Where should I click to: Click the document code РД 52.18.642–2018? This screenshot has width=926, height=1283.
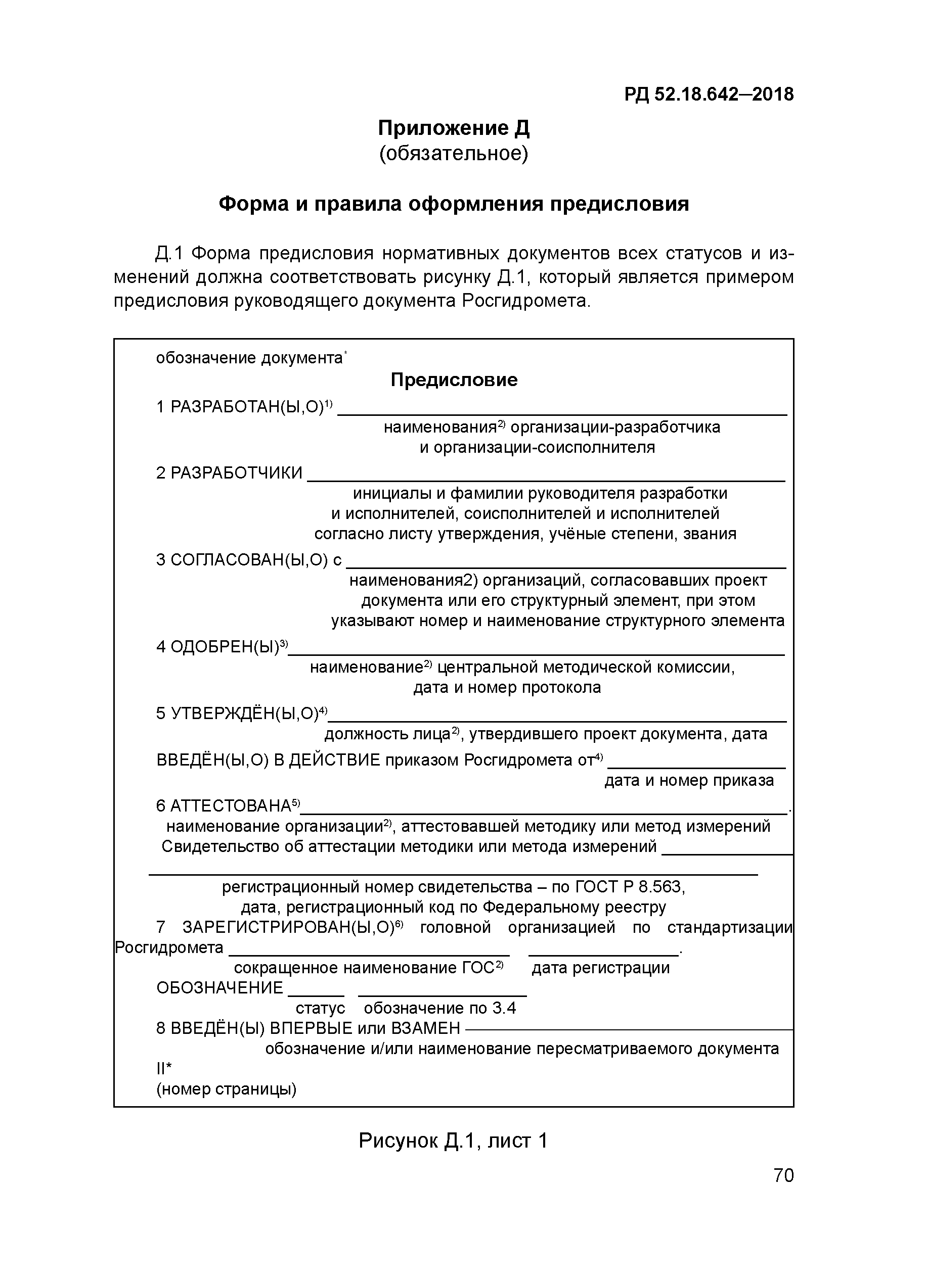tap(709, 94)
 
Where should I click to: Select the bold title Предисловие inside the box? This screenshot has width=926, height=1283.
tap(454, 379)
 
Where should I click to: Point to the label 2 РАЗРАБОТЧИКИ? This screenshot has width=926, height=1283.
tap(229, 473)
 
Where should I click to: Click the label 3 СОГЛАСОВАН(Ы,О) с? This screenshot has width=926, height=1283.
tap(249, 560)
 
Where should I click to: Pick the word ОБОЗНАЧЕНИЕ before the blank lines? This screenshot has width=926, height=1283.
tap(219, 988)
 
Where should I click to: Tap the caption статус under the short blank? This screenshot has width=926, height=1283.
tap(320, 1008)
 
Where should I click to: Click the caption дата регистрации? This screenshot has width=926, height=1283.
tap(600, 968)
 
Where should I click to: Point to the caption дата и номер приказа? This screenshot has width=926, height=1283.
tap(689, 781)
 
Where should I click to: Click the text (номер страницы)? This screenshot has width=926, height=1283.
tap(227, 1089)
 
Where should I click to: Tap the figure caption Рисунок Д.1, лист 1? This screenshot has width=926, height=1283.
tap(453, 1141)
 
